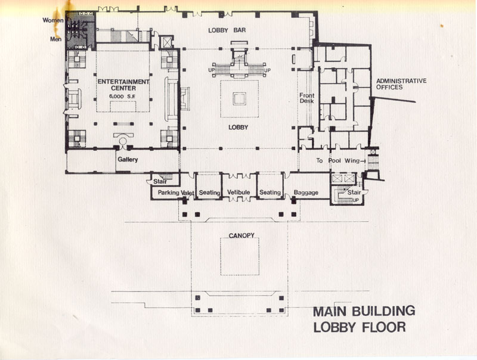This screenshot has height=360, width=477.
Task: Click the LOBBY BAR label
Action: click(x=227, y=30)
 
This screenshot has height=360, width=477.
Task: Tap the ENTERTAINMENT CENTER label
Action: click(x=123, y=85)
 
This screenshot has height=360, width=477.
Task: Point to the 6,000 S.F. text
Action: click(x=122, y=97)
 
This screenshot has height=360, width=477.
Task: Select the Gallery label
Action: click(x=128, y=159)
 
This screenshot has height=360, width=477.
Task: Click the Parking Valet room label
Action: click(x=176, y=193)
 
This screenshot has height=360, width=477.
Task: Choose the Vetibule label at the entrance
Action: click(x=238, y=192)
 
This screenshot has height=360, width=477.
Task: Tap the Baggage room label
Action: click(x=306, y=193)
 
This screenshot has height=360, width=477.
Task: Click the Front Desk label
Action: click(x=306, y=98)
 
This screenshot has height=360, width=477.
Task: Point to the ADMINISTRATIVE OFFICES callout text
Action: click(x=401, y=84)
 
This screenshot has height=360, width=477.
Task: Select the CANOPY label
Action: click(x=241, y=235)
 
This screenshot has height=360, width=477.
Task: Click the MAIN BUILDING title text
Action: click(x=364, y=311)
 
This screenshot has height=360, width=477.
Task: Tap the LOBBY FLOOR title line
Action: click(x=360, y=327)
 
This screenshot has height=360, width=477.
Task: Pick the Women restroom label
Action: click(x=53, y=20)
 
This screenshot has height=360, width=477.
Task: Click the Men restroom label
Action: click(x=55, y=39)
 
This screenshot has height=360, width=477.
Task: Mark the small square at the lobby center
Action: click(x=240, y=99)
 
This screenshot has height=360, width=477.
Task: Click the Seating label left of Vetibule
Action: click(x=210, y=193)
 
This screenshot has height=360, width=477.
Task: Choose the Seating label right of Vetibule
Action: click(x=270, y=192)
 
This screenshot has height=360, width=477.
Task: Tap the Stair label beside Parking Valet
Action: click(x=160, y=182)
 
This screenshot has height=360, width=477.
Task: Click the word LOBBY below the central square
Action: click(x=238, y=128)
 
